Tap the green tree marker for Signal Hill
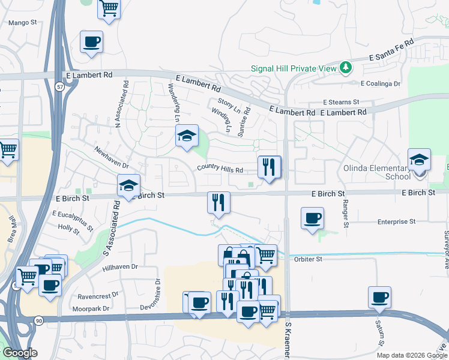point(345,67)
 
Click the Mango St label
point(22,23)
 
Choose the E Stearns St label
point(340,103)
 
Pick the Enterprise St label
point(396,222)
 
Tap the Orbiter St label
point(309,259)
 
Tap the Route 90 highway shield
point(39,321)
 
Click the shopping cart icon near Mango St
point(109,8)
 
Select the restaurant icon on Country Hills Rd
point(270,166)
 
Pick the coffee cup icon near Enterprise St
point(312,218)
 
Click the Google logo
point(19,353)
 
